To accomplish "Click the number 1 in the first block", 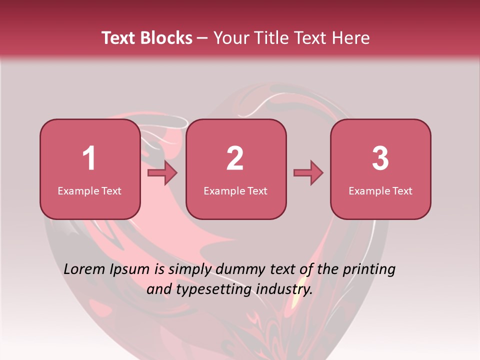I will click(89, 158).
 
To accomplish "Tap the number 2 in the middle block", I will click(235, 158).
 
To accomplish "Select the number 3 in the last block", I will click(380, 158).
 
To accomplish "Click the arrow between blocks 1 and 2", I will click(163, 173).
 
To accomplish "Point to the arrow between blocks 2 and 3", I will click(308, 173).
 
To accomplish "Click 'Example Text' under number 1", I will click(89, 190).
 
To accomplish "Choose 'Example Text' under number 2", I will click(235, 190).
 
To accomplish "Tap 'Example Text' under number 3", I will click(380, 190).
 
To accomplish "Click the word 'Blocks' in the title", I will click(166, 38).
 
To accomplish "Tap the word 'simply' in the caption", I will click(189, 270).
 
